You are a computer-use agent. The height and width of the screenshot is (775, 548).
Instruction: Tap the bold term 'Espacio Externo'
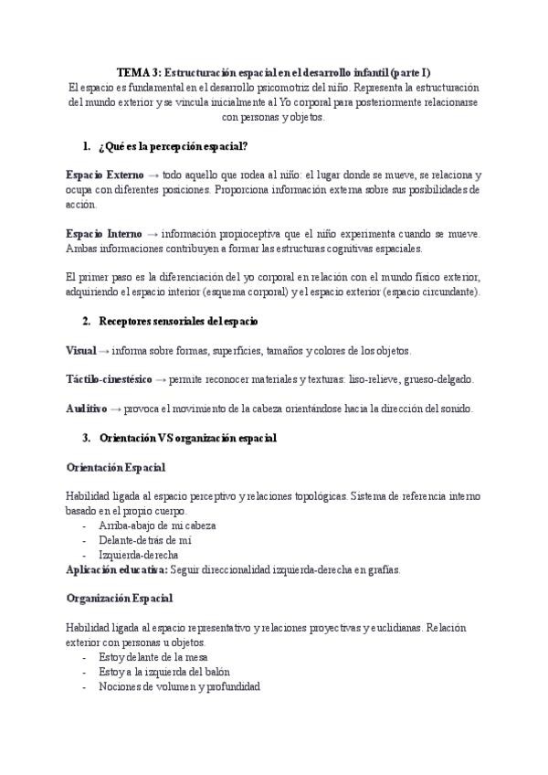104,175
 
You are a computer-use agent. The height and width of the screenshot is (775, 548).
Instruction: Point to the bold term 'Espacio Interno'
103,233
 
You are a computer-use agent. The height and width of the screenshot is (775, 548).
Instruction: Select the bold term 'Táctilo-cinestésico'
109,379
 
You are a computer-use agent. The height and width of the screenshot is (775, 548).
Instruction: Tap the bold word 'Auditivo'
87,408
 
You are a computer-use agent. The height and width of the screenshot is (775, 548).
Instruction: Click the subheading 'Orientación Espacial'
116,467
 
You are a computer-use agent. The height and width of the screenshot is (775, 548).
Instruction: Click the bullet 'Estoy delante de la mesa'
153,656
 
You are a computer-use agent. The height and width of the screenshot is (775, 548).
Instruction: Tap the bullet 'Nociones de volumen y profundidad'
179,685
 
